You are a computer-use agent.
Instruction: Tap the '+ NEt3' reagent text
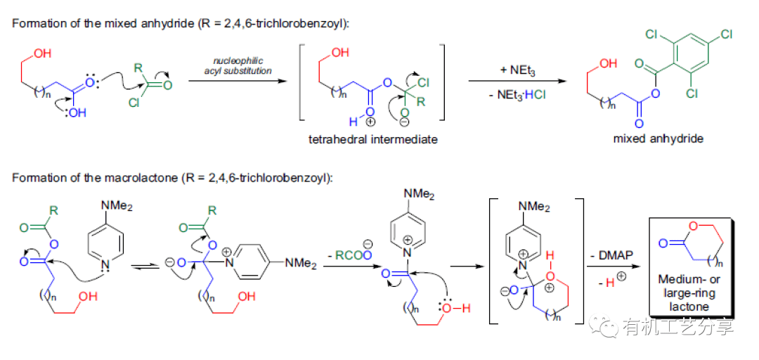coord(514,71)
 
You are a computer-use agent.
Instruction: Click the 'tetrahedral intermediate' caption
coord(372,139)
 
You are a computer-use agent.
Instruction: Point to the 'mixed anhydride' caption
coord(658,139)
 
